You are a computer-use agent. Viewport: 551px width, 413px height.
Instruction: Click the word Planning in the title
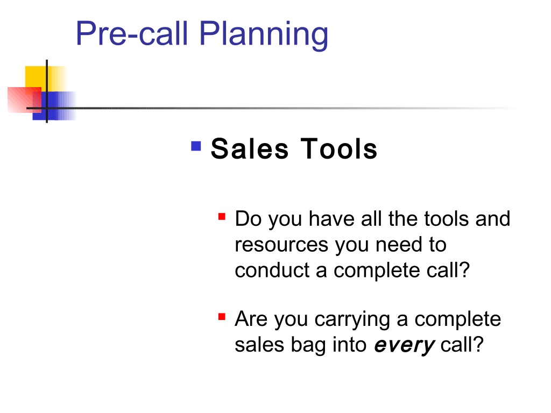pos(264,34)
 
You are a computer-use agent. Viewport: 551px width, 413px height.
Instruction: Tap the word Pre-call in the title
pos(132,33)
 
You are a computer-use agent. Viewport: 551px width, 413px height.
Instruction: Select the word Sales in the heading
pos(250,149)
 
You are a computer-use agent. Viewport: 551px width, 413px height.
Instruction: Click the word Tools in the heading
pos(339,149)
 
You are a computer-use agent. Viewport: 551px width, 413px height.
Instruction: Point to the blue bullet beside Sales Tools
pos(196,146)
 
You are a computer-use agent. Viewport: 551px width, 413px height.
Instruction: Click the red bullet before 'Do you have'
pos(222,216)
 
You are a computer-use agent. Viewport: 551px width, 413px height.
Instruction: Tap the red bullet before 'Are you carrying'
pos(222,317)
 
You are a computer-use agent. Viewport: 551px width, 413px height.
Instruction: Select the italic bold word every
pos(405,346)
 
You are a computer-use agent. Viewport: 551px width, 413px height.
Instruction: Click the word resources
pos(281,245)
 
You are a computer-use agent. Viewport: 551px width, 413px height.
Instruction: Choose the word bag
pos(308,345)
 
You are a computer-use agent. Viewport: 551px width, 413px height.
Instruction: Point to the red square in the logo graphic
pos(24,100)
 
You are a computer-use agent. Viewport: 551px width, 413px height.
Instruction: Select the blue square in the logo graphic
pos(53,106)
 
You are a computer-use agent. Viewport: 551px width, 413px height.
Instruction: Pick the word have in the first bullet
pos(331,219)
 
